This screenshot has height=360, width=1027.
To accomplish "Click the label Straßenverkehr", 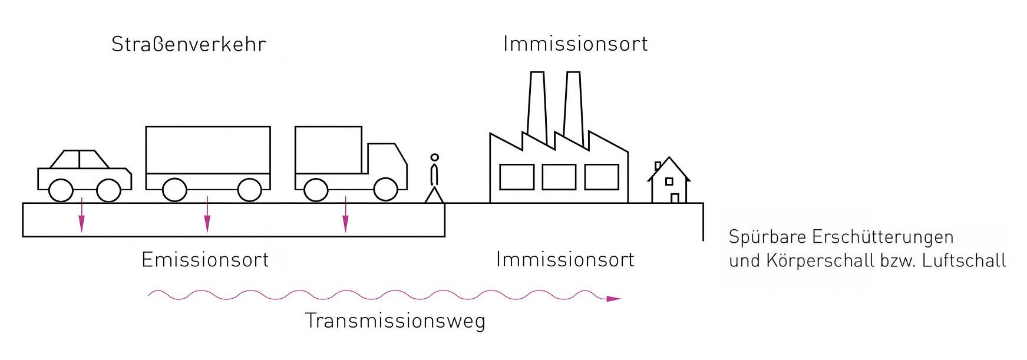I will coord(189,45).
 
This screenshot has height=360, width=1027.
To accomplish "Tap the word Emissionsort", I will coord(205,260).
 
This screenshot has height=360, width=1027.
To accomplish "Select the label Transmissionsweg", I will coord(395,321).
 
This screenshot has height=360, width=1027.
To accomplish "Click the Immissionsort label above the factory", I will coord(575,44).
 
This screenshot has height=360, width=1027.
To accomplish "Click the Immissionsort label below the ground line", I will coord(565,260).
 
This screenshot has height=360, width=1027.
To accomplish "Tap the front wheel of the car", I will coord(108,190).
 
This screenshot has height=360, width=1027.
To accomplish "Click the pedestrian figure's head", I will coord(435,158).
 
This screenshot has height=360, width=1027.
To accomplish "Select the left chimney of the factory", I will coord(536,106).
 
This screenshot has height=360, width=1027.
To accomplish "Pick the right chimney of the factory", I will coord(573,106).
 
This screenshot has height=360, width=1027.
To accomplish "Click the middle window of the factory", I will coord(559,177).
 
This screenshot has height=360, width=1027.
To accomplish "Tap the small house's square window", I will coord(669,181).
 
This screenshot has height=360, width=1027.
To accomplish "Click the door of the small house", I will coord(675,198).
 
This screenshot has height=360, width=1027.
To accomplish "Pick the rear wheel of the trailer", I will coord(174,190).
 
